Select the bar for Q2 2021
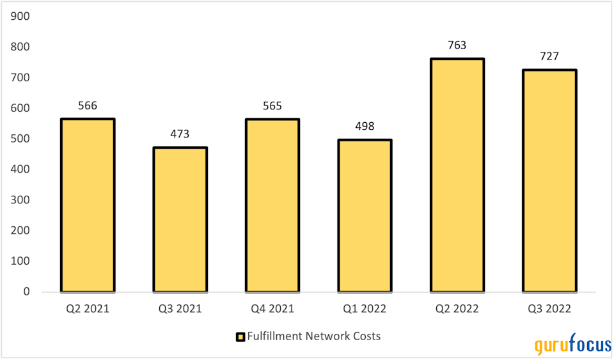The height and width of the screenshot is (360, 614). tap(88, 205)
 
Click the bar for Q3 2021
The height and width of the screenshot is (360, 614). tap(180, 219)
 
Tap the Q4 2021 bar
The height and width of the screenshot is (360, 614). tap(272, 205)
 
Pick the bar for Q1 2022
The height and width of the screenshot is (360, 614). tap(365, 215)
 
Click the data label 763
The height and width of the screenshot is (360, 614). tap(457, 45)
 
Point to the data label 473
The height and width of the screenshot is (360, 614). tap(180, 134)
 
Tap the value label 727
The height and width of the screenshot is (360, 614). tap(549, 56)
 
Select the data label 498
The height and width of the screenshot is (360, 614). tap(365, 127)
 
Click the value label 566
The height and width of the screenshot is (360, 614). tap(88, 106)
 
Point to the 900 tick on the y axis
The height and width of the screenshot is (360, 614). tap(21, 16)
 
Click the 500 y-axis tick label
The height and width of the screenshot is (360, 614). tap(21, 139)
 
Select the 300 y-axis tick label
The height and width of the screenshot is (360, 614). tap(21, 200)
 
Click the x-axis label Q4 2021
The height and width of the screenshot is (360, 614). tap(272, 309)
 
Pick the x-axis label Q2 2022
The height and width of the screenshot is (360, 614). tap(457, 309)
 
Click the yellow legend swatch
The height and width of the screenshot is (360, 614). tap(240, 336)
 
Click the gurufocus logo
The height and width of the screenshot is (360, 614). tap(572, 345)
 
